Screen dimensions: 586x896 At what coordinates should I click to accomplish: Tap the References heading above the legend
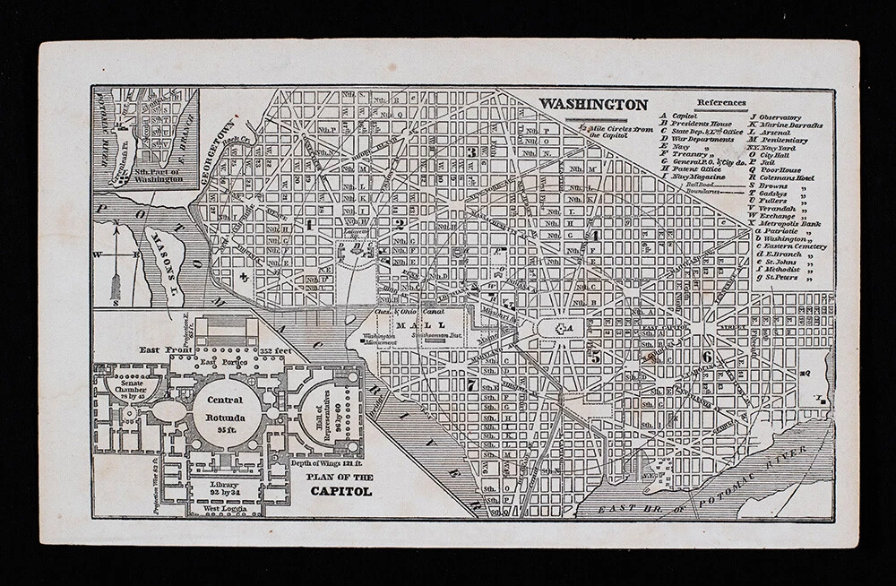[x=720, y=102]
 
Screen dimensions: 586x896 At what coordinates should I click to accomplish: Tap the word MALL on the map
[x=420, y=323]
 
